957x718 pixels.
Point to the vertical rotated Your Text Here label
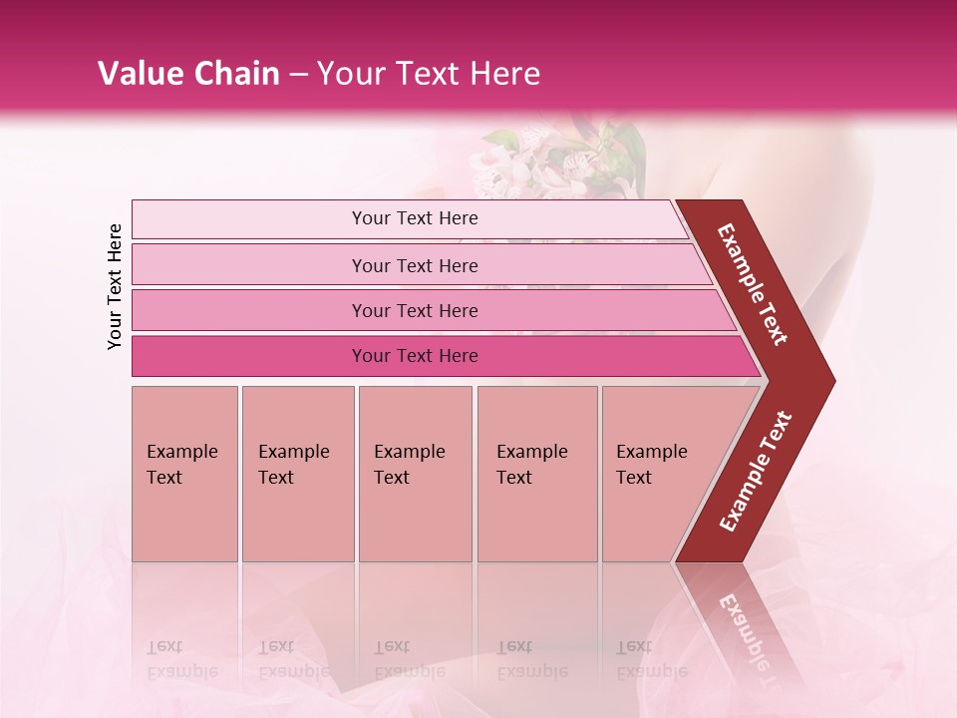115,286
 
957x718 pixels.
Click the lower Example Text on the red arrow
756,472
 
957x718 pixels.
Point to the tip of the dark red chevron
832,380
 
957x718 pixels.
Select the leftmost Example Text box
184,474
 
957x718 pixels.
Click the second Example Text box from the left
297,474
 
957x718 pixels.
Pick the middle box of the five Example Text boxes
415,474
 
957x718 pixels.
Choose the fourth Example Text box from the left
536,474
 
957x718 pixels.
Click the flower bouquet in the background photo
563,160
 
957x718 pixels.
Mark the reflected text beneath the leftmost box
181,658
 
